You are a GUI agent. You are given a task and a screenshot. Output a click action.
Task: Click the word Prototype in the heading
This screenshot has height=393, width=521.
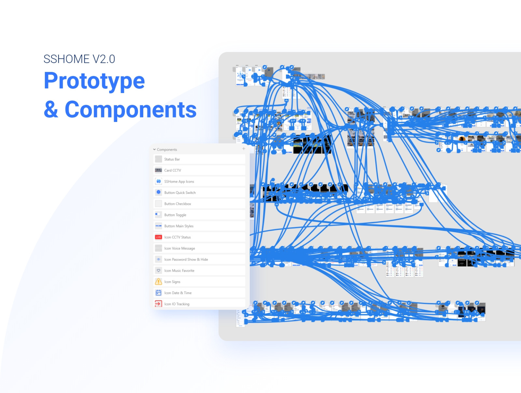pos(94,81)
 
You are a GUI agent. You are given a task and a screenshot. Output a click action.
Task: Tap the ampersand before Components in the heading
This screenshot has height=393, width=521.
pos(51,110)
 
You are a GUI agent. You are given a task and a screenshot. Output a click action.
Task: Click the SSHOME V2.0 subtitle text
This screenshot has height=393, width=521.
pos(79,59)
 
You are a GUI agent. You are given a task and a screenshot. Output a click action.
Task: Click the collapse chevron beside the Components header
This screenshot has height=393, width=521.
pos(154,150)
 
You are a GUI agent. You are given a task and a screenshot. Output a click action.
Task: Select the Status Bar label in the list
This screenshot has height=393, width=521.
pos(172,159)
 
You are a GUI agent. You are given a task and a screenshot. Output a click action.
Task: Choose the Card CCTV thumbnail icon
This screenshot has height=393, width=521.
pos(159,170)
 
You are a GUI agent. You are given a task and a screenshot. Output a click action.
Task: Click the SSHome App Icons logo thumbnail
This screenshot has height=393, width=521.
pos(159,181)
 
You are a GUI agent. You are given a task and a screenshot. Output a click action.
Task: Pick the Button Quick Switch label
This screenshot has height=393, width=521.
pos(180,193)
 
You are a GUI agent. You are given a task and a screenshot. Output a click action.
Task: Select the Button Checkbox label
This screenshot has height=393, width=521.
pos(177,204)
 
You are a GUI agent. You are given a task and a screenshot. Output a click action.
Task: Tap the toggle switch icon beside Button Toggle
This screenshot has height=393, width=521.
pos(159,215)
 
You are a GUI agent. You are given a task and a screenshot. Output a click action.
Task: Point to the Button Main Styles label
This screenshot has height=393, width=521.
pos(179,226)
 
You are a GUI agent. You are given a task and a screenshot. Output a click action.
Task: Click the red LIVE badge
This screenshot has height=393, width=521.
pos(159,237)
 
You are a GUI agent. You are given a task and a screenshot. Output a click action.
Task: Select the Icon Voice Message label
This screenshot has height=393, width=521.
pos(179,249)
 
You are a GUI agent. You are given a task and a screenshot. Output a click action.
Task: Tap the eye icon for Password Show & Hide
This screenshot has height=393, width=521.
pos(159,259)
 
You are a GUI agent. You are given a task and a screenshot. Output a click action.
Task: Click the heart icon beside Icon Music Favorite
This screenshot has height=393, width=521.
pos(159,270)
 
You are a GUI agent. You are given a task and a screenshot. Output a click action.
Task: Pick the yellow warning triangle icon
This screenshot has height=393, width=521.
pos(159,282)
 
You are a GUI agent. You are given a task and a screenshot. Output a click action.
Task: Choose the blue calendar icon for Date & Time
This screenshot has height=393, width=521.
pos(159,293)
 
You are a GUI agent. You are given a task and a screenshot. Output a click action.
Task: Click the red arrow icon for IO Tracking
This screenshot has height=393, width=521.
pos(158,304)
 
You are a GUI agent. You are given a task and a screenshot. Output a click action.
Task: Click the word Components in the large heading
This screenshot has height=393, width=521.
pos(131,110)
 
